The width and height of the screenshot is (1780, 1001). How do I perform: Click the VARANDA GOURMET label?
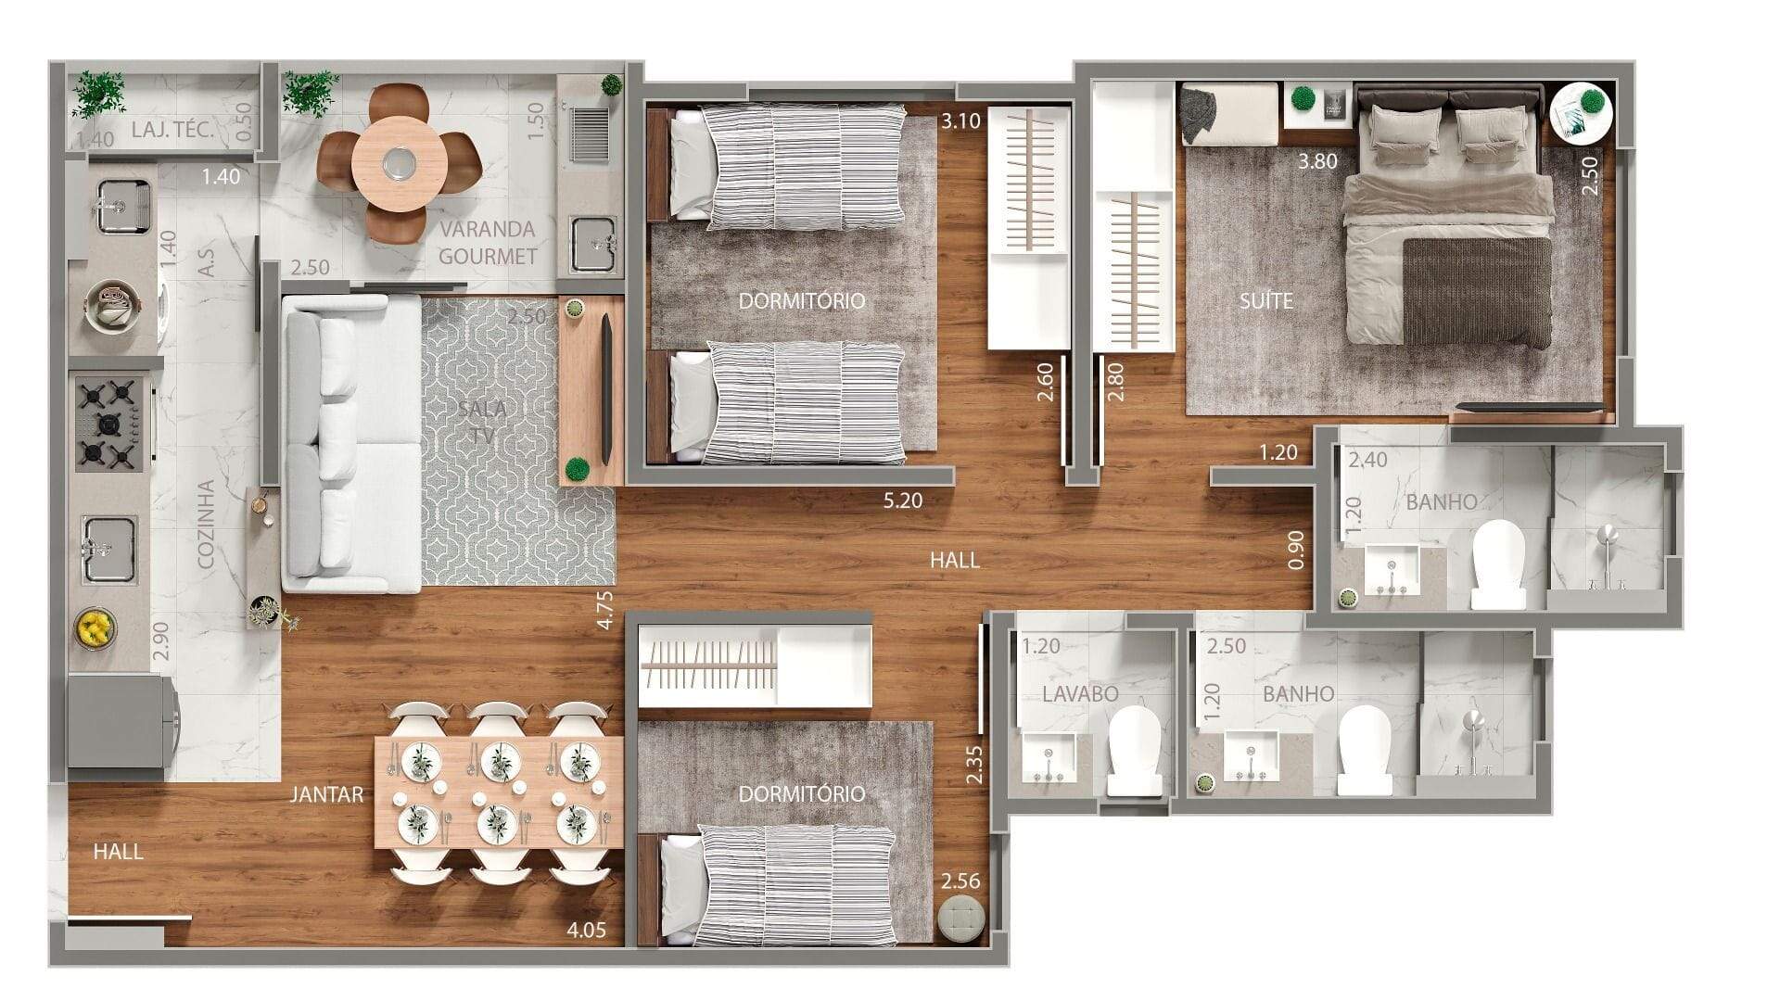pyautogui.click(x=488, y=243)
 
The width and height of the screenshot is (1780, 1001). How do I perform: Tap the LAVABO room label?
pyautogui.click(x=1080, y=694)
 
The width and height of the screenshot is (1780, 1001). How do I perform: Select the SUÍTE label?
pyautogui.click(x=1266, y=301)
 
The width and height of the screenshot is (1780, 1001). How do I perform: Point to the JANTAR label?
pyautogui.click(x=326, y=794)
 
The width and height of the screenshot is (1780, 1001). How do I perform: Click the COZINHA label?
pyautogui.click(x=207, y=524)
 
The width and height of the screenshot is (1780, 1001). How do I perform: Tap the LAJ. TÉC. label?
pyautogui.click(x=172, y=130)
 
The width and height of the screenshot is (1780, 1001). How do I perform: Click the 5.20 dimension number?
pyautogui.click(x=903, y=500)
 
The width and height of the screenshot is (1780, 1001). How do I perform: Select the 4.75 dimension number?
pyautogui.click(x=605, y=611)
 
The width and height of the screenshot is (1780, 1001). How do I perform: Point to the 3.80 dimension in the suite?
pyautogui.click(x=1317, y=161)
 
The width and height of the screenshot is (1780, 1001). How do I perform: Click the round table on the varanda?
pyautogui.click(x=400, y=164)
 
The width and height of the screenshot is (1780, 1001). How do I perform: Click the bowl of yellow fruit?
pyautogui.click(x=95, y=628)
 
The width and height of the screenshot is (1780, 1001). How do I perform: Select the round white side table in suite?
pyautogui.click(x=1582, y=113)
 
